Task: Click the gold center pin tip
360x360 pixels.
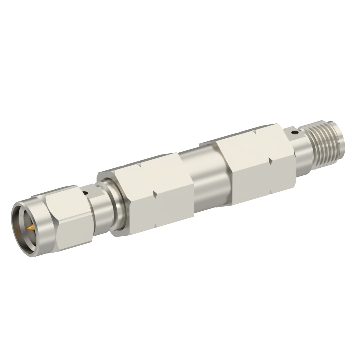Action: pos(30,228)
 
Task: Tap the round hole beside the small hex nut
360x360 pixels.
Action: pos(86,193)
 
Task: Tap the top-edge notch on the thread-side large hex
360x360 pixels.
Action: pos(255,132)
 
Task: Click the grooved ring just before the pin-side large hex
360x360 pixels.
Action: pos(117,207)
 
